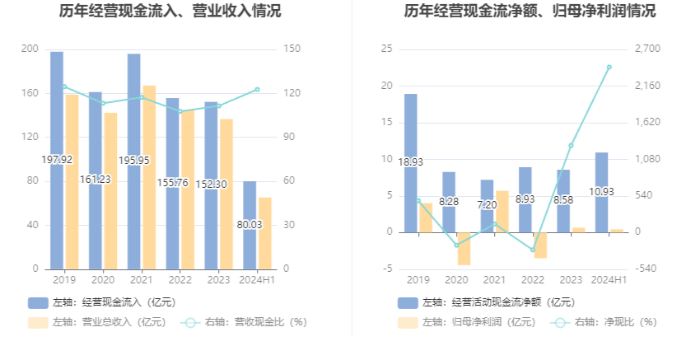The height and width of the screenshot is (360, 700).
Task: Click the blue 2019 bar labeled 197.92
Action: tap(57, 124)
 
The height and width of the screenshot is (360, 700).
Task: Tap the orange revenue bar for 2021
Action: tap(149, 177)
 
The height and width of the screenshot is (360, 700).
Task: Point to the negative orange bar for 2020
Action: tap(464, 248)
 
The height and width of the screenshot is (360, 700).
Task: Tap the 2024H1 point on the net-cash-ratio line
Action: tap(609, 68)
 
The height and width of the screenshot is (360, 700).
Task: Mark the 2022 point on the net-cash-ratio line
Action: tap(532, 250)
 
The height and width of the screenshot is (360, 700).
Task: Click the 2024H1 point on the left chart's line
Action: tap(257, 89)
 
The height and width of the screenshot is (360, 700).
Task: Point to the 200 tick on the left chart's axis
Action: tap(30, 49)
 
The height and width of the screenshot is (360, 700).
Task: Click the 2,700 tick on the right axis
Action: tap(649, 49)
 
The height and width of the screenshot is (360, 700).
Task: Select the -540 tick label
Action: tap(646, 269)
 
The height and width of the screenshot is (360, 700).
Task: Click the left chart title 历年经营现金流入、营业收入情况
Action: tap(170, 12)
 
